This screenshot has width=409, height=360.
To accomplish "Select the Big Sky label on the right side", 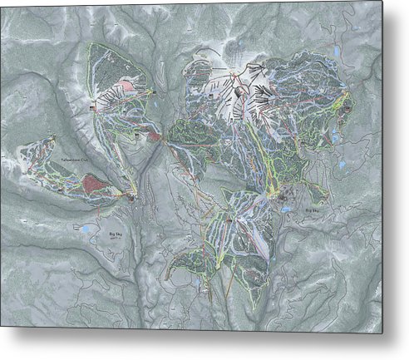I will tap(314, 211).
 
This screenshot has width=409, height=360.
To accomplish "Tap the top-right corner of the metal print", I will tap(383, 2).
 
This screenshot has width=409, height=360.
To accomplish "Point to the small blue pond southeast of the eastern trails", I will tap(341, 165).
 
